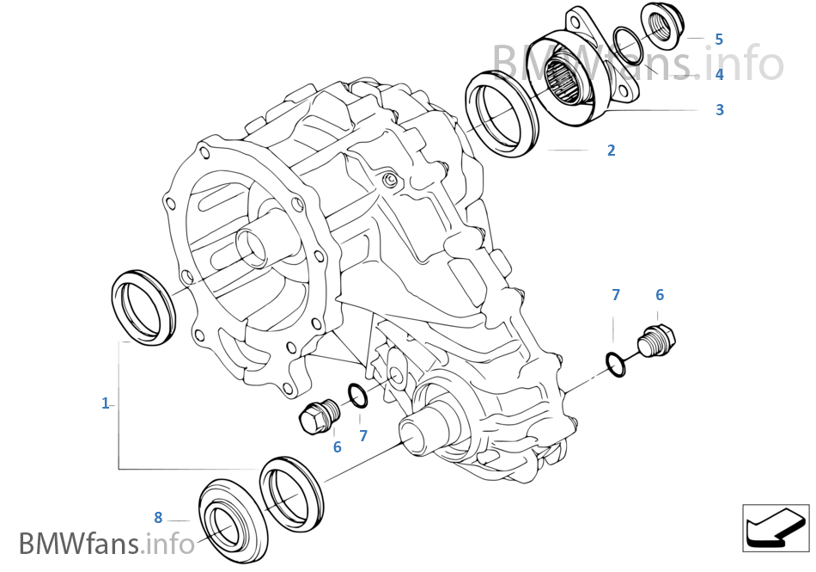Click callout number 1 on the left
pyautogui.click(x=106, y=403)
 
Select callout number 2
pyautogui.click(x=611, y=151)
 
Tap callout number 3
pyautogui.click(x=720, y=110)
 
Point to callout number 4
pyautogui.click(x=720, y=75)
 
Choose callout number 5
pyautogui.click(x=719, y=40)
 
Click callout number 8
pyautogui.click(x=158, y=517)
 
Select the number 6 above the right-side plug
pyautogui.click(x=660, y=295)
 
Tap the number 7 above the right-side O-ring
pyautogui.click(x=616, y=295)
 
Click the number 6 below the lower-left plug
pyautogui.click(x=338, y=446)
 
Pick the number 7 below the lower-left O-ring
pyautogui.click(x=363, y=436)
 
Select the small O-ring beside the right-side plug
pyautogui.click(x=616, y=364)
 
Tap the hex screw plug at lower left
pyautogui.click(x=318, y=417)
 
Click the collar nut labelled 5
pyautogui.click(x=663, y=26)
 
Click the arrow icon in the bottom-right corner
pyautogui.click(x=776, y=526)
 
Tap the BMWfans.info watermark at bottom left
pyautogui.click(x=107, y=544)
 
